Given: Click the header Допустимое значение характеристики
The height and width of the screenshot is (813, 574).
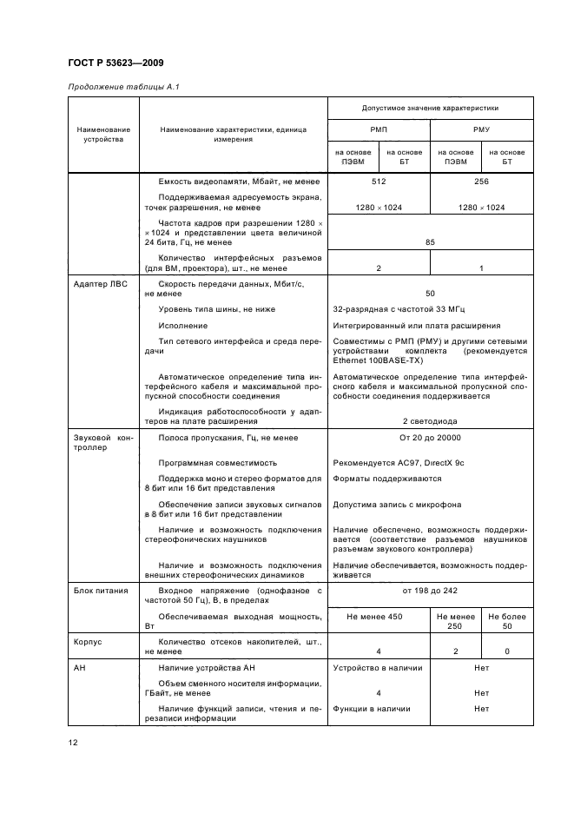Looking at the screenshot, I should [x=430, y=108].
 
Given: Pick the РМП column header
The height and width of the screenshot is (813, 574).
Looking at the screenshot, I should [x=379, y=129].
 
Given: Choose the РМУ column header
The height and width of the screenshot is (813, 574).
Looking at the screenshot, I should [x=481, y=129].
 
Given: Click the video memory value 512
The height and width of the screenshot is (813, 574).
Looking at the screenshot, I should [x=379, y=182].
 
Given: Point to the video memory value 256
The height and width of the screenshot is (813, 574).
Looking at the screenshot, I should [x=481, y=182].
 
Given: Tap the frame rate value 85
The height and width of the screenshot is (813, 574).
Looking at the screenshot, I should [x=430, y=242].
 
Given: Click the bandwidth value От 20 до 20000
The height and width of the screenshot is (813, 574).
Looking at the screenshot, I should [x=430, y=438].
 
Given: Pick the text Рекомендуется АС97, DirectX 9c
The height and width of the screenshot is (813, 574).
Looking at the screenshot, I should [x=399, y=462].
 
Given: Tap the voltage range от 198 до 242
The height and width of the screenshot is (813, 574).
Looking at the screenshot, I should [x=430, y=591].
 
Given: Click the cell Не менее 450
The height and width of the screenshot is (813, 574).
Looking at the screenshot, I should [x=379, y=616].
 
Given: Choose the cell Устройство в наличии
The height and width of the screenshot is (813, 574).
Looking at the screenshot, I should [x=378, y=668].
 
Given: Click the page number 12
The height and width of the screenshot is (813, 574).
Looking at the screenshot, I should [x=74, y=742].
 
